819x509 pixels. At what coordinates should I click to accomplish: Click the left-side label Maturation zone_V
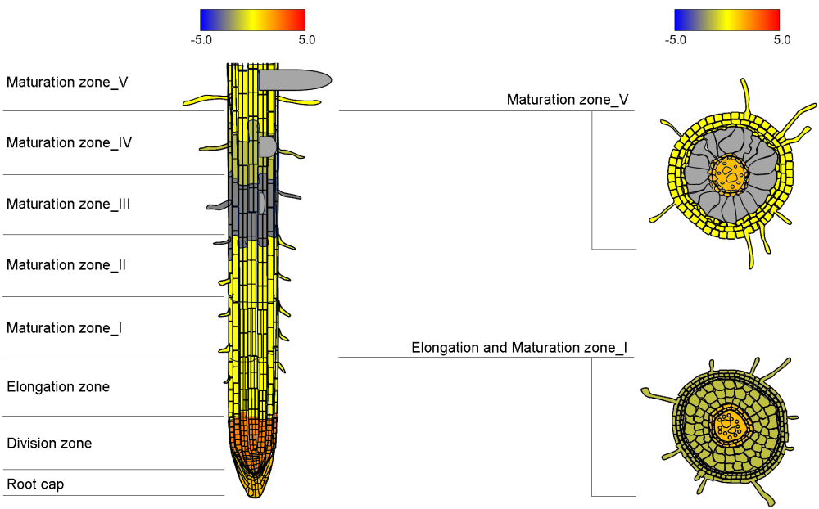coord(67,82)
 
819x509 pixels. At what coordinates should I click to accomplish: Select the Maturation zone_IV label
coord(70,142)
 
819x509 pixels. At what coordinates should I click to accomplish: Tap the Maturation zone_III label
coord(69,204)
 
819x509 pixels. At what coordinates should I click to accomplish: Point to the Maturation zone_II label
coord(66,265)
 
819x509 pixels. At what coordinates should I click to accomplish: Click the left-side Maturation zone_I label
coord(65,328)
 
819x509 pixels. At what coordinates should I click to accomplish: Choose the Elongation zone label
coord(58,386)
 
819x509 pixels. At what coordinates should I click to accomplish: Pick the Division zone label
coord(49,444)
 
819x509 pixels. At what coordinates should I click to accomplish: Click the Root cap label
coord(35,484)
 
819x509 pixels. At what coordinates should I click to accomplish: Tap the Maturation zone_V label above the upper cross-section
coord(568,100)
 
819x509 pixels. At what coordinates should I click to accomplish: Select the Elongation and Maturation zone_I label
coord(519,348)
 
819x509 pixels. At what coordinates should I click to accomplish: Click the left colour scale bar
coord(252,20)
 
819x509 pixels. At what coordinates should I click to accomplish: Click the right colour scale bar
coord(726,20)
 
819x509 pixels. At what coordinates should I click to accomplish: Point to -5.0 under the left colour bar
coord(201,39)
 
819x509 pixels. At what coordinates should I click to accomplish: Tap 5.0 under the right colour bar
coord(782,39)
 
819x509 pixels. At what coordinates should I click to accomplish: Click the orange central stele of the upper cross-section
coord(728,173)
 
